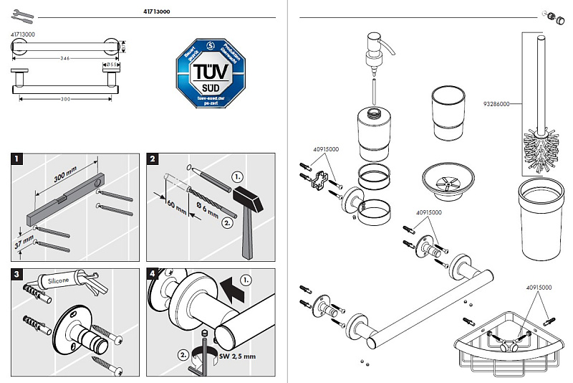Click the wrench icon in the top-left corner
tap(23, 13)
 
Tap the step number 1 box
tap(19, 158)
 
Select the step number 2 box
tap(153, 158)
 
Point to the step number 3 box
tap(19, 274)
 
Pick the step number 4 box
tap(153, 274)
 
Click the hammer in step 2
tap(248, 208)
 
